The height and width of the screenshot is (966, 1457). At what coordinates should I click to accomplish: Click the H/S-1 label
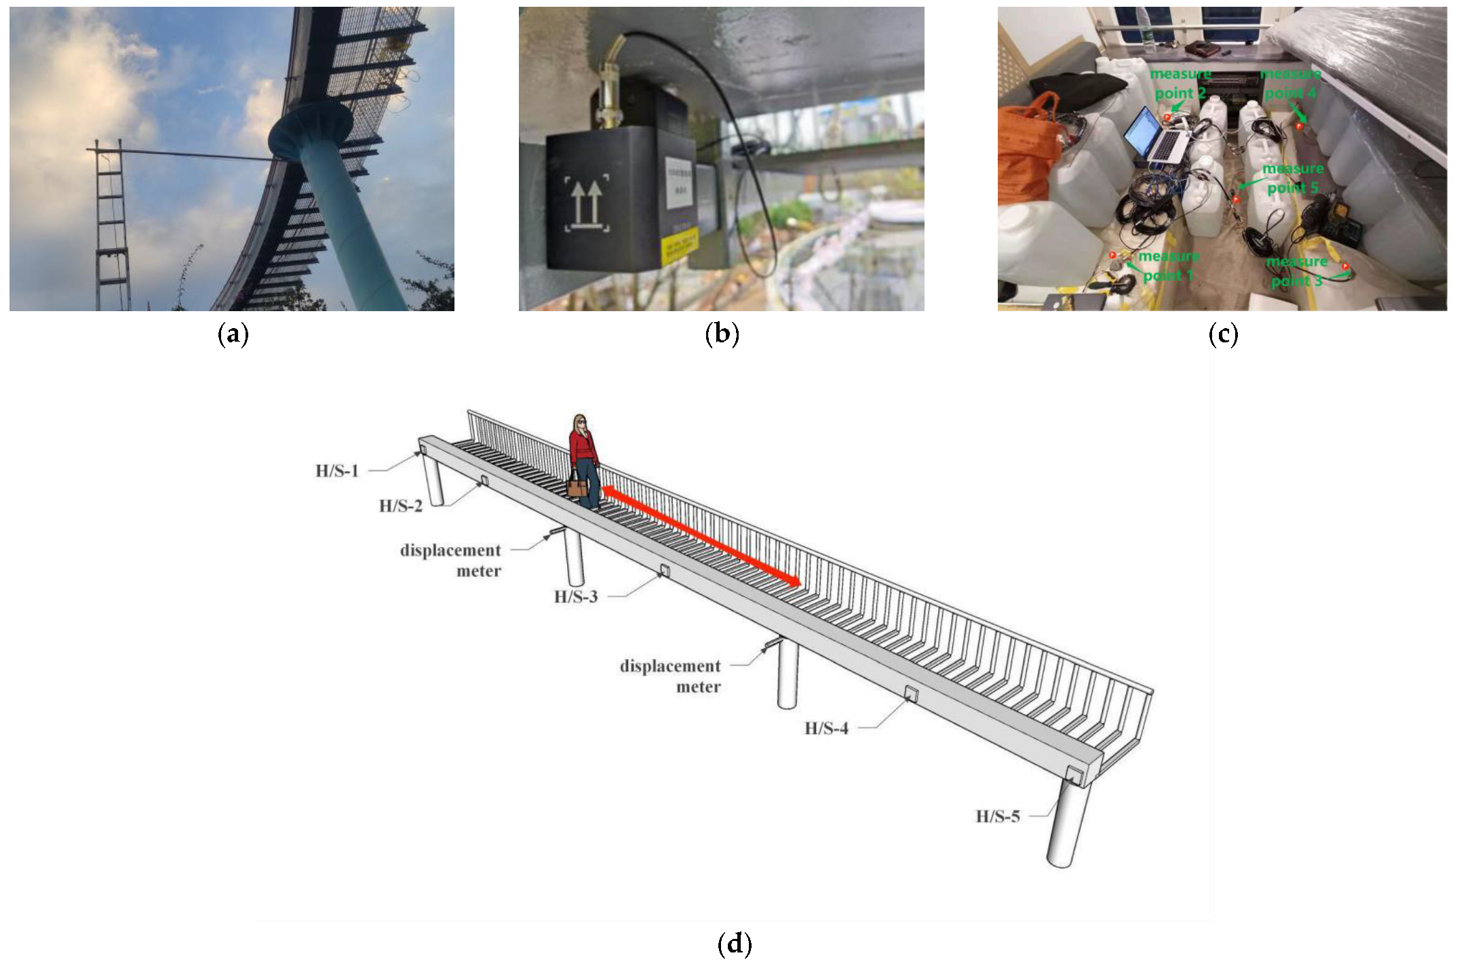[336, 470]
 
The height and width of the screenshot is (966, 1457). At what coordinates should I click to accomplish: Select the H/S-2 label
[400, 506]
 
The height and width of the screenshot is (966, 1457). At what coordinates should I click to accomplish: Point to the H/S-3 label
[576, 597]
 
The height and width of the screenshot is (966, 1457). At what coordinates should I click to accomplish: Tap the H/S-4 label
[826, 729]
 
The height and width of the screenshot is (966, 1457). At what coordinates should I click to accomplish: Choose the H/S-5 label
[997, 816]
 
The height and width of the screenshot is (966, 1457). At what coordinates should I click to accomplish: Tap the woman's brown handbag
[577, 486]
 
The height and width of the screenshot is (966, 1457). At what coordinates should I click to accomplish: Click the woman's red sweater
[582, 447]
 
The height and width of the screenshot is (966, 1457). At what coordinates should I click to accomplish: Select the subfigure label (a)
[232, 334]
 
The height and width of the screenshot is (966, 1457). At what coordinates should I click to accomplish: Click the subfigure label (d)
[734, 944]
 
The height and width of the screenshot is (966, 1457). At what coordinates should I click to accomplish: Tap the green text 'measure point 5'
[1293, 178]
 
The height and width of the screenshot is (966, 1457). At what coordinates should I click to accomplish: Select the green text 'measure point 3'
[1296, 271]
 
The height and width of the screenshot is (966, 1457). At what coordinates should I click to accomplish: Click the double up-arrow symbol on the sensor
[586, 204]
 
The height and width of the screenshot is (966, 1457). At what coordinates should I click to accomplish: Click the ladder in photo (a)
[111, 224]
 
